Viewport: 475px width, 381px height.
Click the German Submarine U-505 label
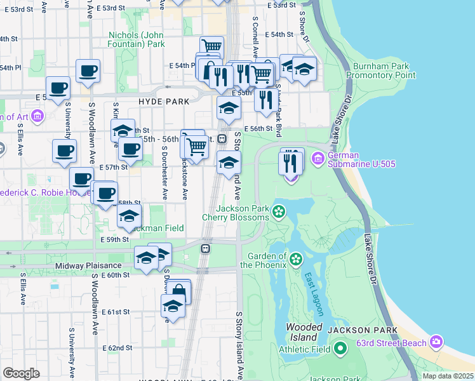pyautogui.click(x=362, y=159)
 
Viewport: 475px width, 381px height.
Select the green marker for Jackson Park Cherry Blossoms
pyautogui.click(x=278, y=210)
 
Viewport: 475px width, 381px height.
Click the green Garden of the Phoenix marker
pyautogui.click(x=296, y=258)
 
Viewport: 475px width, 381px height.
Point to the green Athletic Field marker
pyautogui.click(x=340, y=349)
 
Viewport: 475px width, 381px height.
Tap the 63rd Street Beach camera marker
pyautogui.click(x=436, y=343)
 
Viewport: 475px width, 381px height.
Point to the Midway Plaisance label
pyautogui.click(x=88, y=265)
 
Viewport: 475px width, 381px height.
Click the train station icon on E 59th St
pyautogui.click(x=205, y=248)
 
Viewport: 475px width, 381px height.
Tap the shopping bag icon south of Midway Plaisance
pyautogui.click(x=178, y=291)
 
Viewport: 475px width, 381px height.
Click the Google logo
pyautogui.click(x=21, y=373)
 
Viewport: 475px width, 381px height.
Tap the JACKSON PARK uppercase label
pyautogui.click(x=363, y=330)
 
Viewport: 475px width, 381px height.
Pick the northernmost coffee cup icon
pyautogui.click(x=88, y=70)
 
